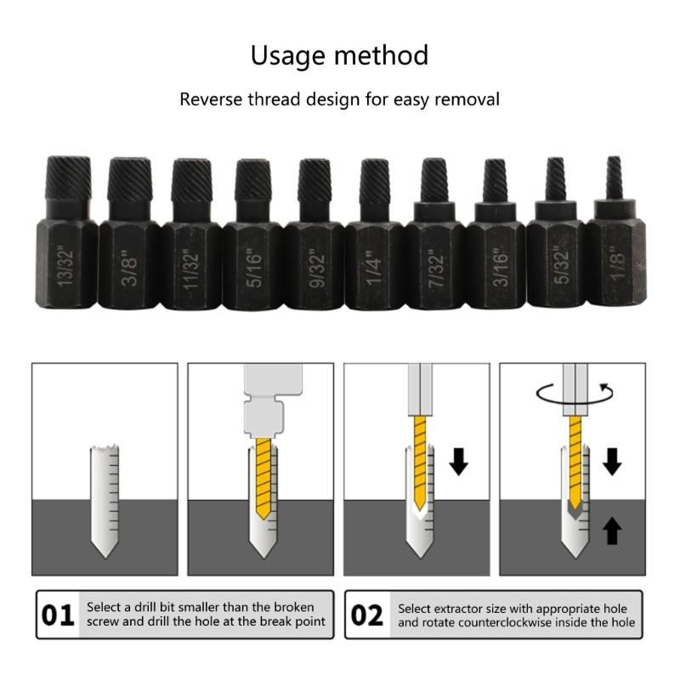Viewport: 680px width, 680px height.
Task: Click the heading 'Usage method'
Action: (x=339, y=56)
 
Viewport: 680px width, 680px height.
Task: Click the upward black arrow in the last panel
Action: (x=612, y=531)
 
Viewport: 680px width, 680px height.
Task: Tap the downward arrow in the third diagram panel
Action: (x=459, y=462)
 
